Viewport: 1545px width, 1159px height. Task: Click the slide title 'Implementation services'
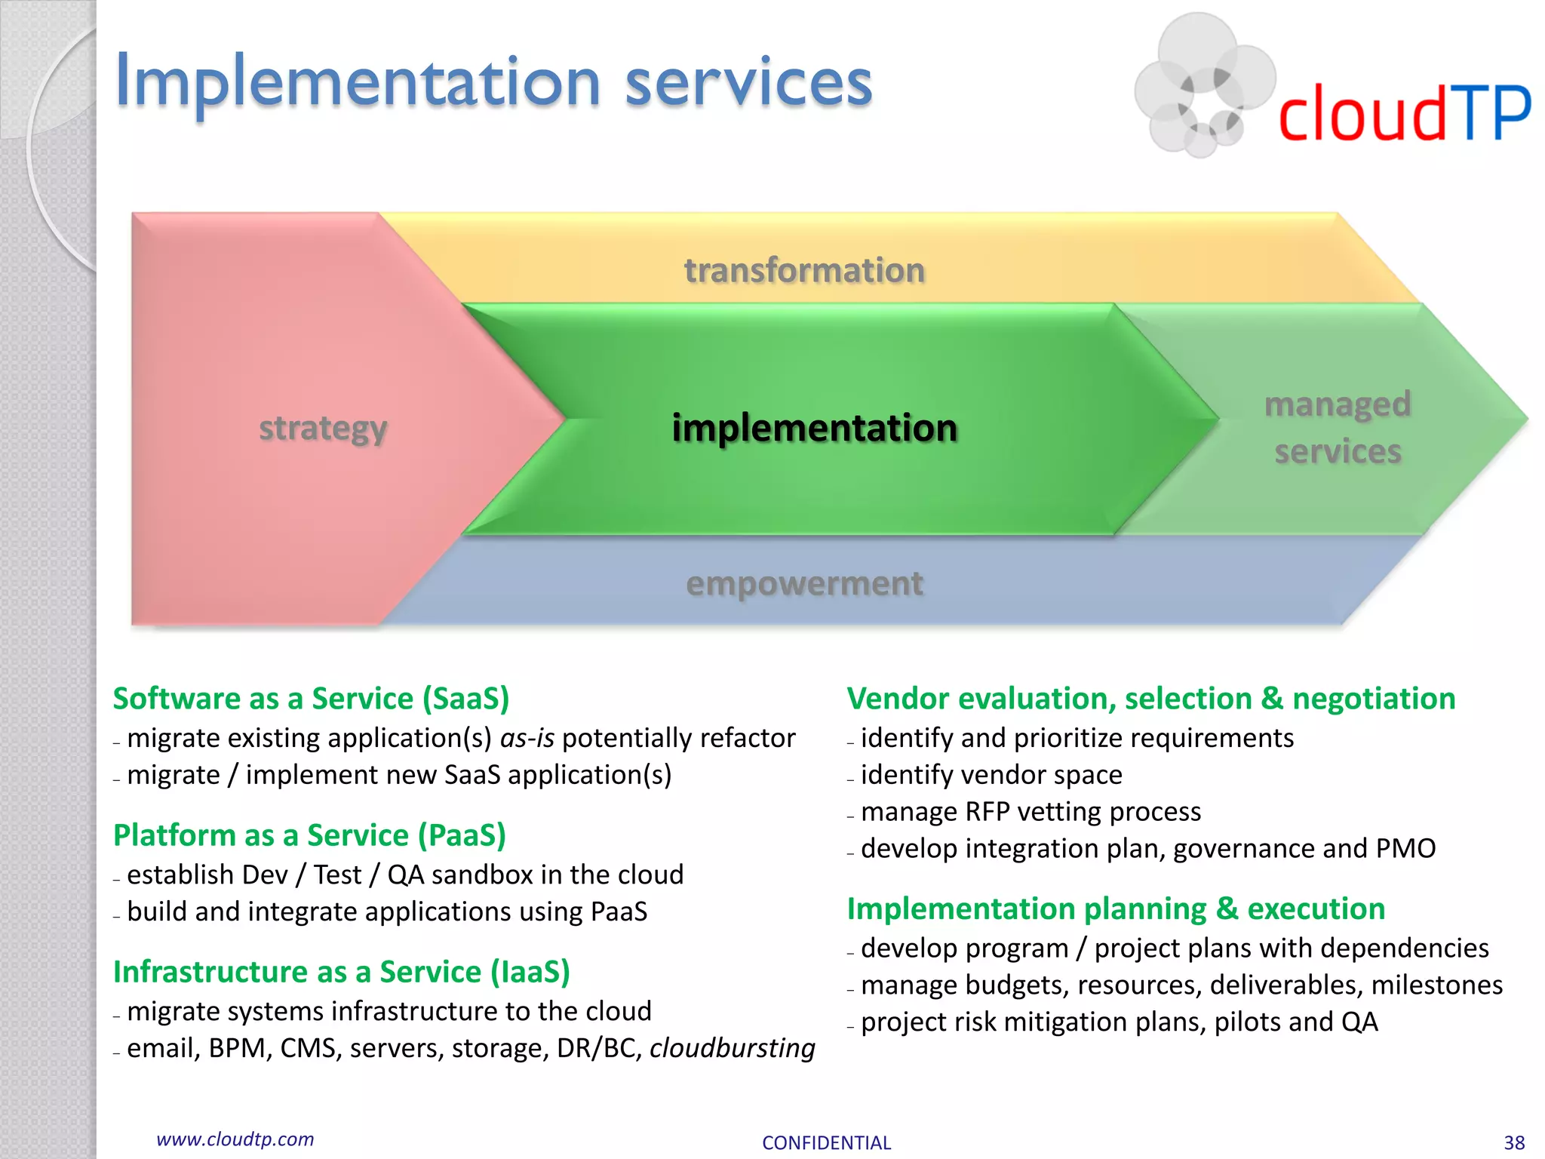click(x=493, y=81)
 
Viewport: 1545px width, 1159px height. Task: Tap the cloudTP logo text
click(x=1404, y=113)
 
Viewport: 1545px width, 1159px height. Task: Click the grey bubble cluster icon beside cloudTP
click(x=1199, y=85)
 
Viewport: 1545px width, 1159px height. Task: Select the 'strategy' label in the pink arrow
click(x=323, y=429)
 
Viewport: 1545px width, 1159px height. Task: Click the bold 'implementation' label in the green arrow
click(x=815, y=428)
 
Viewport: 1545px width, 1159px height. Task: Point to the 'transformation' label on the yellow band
click(x=804, y=270)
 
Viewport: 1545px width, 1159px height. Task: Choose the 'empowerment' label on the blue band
click(x=804, y=583)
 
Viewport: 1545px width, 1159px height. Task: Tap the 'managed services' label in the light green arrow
click(x=1338, y=428)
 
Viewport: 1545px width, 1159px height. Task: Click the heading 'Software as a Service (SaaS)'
click(x=311, y=699)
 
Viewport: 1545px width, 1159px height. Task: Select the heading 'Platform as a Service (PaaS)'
click(x=309, y=835)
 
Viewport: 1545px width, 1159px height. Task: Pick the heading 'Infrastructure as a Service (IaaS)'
click(x=341, y=972)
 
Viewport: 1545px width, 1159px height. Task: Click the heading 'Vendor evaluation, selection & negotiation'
click(x=1150, y=699)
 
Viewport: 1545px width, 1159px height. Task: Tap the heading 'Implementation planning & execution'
click(x=1116, y=908)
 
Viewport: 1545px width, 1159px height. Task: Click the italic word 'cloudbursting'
click(x=732, y=1048)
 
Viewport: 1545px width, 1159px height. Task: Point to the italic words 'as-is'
click(x=527, y=738)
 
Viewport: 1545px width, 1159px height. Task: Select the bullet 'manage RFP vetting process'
click(x=1031, y=812)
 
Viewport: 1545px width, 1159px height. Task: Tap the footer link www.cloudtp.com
click(x=235, y=1139)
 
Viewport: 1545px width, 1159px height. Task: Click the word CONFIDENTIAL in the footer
click(x=826, y=1142)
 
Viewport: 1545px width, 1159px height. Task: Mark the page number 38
click(x=1514, y=1142)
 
